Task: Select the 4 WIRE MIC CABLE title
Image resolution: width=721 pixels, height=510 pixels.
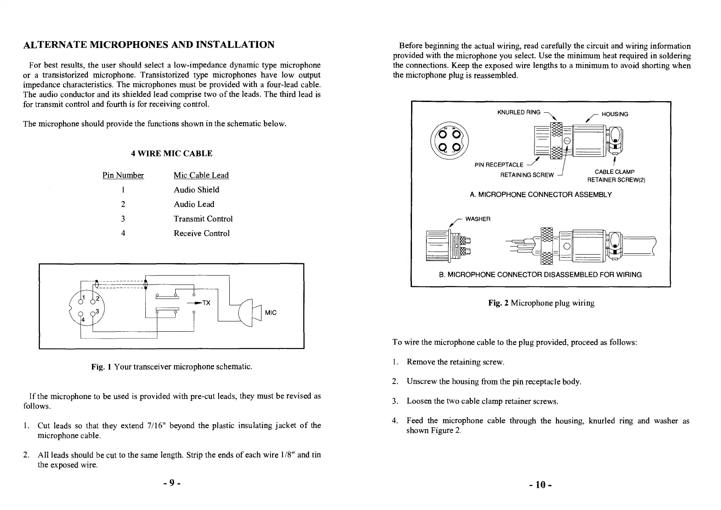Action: click(171, 153)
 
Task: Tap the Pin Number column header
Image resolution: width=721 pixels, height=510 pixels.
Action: click(123, 175)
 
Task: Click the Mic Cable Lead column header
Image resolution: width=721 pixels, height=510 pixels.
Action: click(201, 175)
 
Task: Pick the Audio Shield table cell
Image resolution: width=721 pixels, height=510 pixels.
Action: click(196, 189)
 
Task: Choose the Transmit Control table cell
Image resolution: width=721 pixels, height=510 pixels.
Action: click(203, 219)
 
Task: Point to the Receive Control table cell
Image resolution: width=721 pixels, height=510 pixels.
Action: click(201, 233)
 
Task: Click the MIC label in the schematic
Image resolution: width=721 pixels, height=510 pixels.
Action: click(270, 312)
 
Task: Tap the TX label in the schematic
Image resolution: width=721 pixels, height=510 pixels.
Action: click(206, 303)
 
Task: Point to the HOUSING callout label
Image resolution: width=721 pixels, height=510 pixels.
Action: click(615, 114)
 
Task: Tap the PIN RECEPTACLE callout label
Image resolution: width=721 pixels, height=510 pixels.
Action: click(499, 165)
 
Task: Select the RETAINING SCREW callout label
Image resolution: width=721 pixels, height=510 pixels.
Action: click(527, 175)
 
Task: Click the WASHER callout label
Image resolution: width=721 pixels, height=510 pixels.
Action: click(478, 219)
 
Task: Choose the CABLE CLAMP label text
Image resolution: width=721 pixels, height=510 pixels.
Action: click(615, 172)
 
